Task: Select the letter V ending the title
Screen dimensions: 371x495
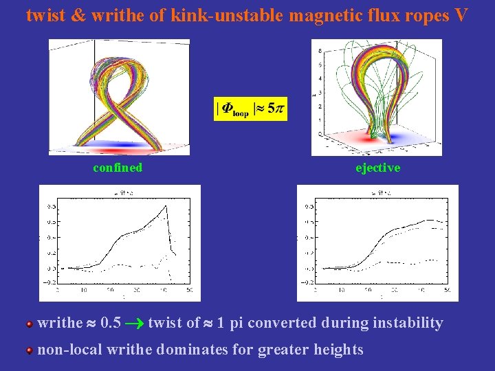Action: click(x=461, y=15)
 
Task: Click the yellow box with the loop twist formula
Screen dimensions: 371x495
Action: click(x=250, y=109)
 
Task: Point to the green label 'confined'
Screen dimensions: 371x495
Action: click(x=118, y=168)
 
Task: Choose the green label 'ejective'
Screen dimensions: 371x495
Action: click(x=377, y=168)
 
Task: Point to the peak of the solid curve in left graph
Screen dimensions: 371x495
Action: click(x=166, y=205)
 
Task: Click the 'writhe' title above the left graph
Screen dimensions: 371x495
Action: click(x=118, y=193)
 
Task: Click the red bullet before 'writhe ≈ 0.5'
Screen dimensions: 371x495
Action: click(x=30, y=324)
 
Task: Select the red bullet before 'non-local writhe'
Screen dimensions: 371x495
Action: click(x=30, y=350)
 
